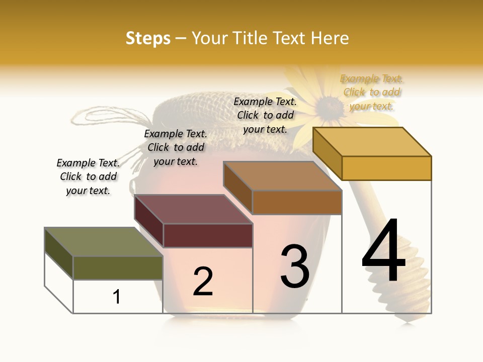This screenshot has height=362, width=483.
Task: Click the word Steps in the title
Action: tap(148, 39)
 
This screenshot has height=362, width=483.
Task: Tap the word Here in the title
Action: tap(330, 39)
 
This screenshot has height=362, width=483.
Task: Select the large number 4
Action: tap(383, 251)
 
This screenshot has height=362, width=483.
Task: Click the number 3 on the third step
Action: tap(295, 266)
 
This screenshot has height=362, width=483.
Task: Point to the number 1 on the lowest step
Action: tap(117, 297)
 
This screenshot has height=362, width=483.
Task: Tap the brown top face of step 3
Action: tap(282, 176)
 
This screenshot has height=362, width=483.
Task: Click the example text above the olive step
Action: tap(88, 176)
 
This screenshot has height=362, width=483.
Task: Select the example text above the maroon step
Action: tap(176, 147)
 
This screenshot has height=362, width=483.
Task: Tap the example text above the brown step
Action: tap(265, 115)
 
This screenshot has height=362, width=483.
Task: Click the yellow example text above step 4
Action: tap(372, 92)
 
